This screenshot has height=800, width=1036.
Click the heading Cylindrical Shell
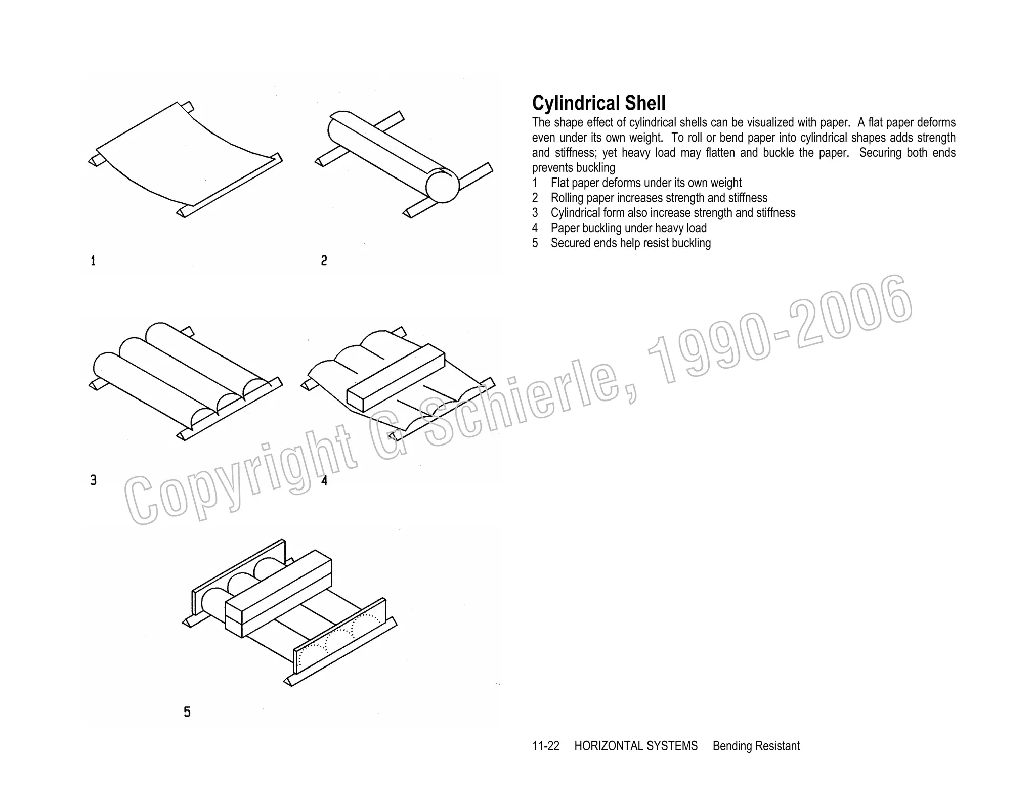coord(598,103)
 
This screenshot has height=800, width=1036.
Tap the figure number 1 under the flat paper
coord(93,261)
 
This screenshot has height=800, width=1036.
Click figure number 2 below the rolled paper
coord(324,261)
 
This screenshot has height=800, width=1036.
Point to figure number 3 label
coord(94,480)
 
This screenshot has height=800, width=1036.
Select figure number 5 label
coord(187,712)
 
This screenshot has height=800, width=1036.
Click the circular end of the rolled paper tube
coord(442,187)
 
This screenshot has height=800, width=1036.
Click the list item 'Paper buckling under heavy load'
coord(628,228)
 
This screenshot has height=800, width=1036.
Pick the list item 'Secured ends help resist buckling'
coord(630,243)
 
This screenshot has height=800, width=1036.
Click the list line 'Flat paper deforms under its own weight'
coord(645,183)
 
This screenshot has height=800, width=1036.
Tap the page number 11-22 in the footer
coord(545,746)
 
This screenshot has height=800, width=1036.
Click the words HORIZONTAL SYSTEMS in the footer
coord(635,746)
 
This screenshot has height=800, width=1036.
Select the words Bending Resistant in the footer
coord(756,746)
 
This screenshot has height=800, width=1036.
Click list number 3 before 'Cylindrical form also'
coord(535,213)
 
